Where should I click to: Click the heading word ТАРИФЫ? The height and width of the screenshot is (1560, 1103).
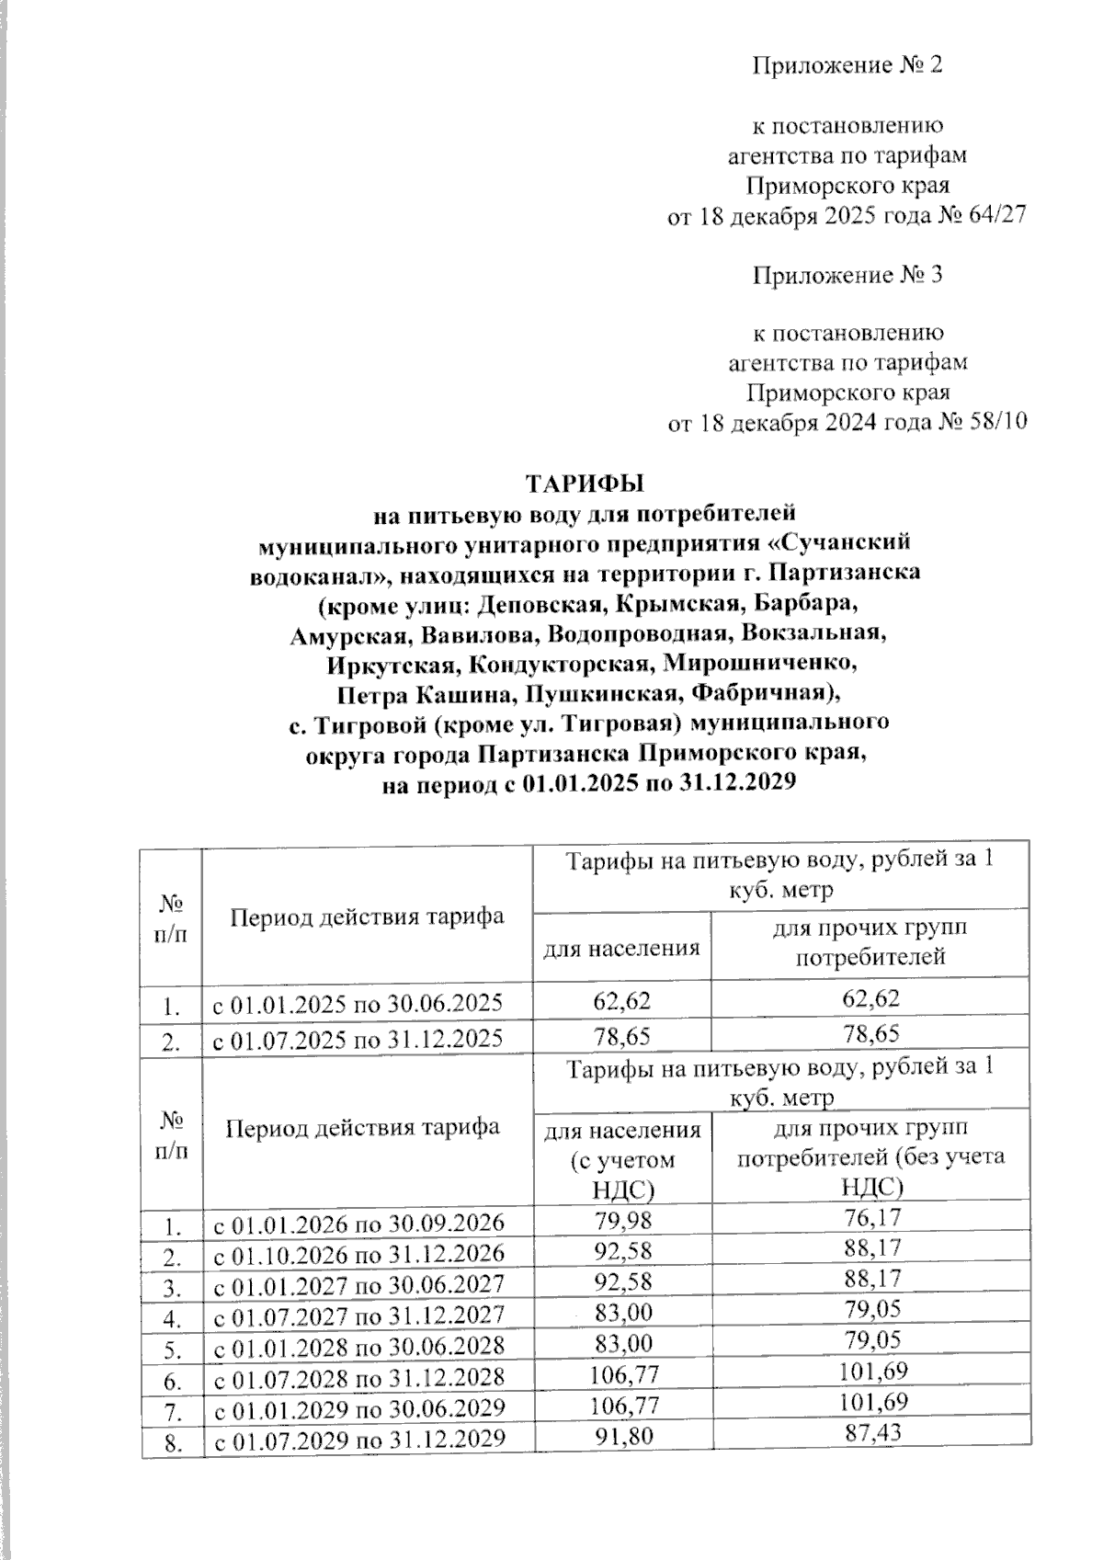pos(584,483)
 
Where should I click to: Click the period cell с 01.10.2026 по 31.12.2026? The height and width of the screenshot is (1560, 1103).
pos(359,1253)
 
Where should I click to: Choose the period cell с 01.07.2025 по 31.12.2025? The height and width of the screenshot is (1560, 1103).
pos(358,1039)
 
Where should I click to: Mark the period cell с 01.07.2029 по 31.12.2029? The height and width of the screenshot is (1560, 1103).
pos(359,1439)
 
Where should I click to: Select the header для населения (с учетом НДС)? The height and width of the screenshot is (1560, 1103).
pos(622,1158)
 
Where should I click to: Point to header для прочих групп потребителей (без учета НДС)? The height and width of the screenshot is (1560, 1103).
pos(870,1156)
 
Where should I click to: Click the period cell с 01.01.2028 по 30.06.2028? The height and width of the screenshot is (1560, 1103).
pos(359,1346)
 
